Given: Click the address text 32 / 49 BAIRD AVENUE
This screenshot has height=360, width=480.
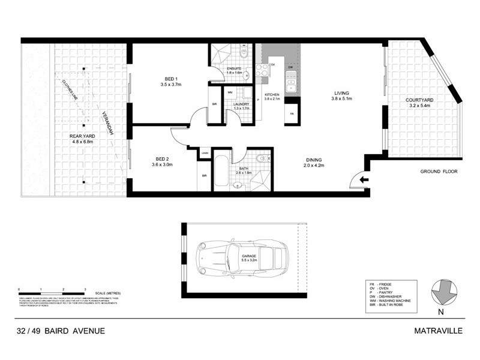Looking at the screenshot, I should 61,330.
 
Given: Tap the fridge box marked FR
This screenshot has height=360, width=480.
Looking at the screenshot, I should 292,113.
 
